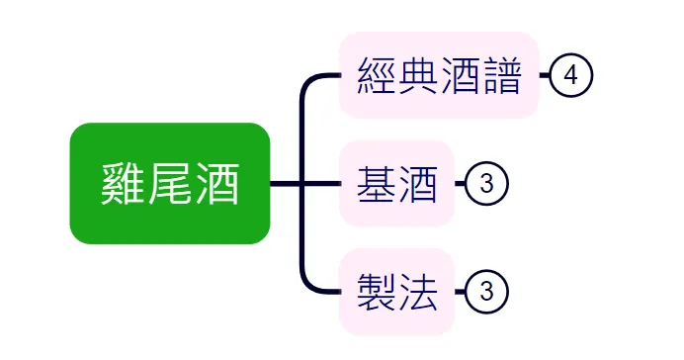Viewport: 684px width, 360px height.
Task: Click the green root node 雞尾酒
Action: pyautogui.click(x=169, y=183)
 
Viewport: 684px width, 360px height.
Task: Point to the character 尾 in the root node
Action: pyautogui.click(x=170, y=184)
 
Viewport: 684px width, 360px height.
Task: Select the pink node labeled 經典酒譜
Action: pyautogui.click(x=439, y=75)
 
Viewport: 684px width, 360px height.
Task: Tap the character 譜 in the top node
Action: pyautogui.click(x=501, y=75)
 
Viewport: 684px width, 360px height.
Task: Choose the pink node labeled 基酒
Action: pyautogui.click(x=396, y=184)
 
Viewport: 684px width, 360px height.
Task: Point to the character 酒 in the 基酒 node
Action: pyautogui.click(x=418, y=184)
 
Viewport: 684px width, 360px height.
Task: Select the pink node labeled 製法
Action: pyautogui.click(x=396, y=292)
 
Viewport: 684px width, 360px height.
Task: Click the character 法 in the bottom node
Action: pyautogui.click(x=418, y=292)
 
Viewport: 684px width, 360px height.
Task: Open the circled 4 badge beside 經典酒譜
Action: pyautogui.click(x=570, y=75)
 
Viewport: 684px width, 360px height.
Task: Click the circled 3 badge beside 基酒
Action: pyautogui.click(x=485, y=184)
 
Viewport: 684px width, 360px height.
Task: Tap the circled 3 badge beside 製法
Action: pyautogui.click(x=485, y=292)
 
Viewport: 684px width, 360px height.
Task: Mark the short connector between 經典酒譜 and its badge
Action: pyautogui.click(x=544, y=75)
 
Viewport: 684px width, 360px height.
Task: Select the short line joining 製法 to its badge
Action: pyautogui.click(x=460, y=292)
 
